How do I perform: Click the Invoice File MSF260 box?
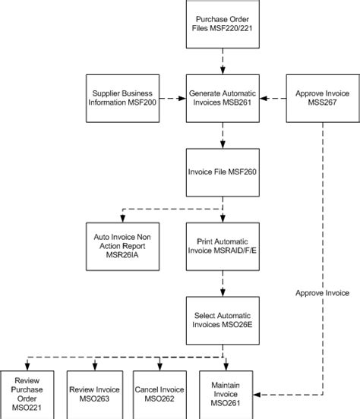click(x=223, y=172)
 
